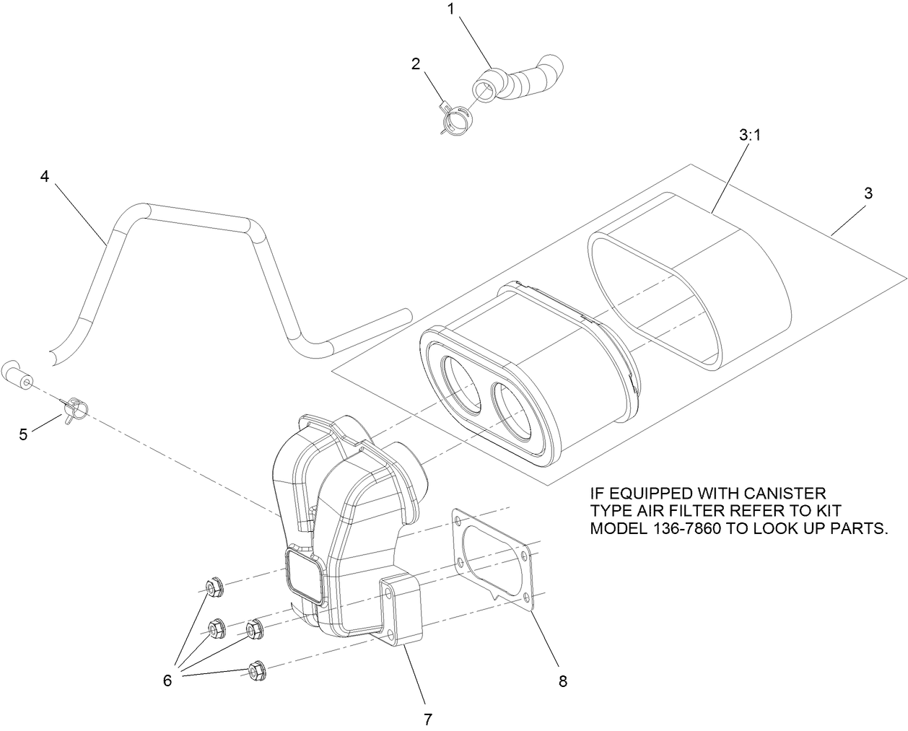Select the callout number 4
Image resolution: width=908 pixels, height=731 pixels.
point(45,176)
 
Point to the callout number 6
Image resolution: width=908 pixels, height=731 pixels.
point(167,680)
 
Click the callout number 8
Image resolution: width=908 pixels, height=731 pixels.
point(562,680)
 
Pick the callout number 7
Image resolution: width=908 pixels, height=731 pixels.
point(427,719)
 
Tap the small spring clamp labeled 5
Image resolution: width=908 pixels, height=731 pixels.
point(76,412)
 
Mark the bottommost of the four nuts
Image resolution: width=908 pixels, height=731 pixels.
point(256,670)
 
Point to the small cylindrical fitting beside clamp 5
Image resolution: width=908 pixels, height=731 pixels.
point(19,376)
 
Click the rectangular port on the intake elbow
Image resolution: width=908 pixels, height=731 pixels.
point(303,575)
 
